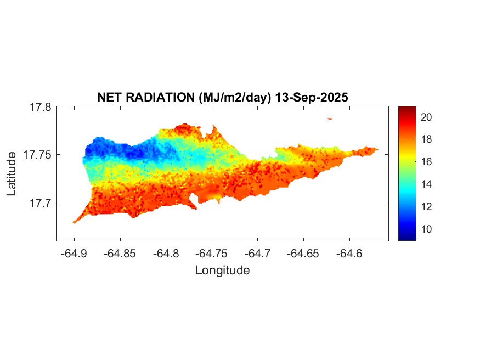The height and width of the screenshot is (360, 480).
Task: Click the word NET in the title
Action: pos(109,97)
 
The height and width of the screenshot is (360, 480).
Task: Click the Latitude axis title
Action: pos(12,175)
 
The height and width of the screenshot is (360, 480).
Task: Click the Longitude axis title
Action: pos(223,270)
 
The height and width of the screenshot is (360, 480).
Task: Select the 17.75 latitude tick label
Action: pos(37,155)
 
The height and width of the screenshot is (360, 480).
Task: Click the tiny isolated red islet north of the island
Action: pos(330,118)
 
